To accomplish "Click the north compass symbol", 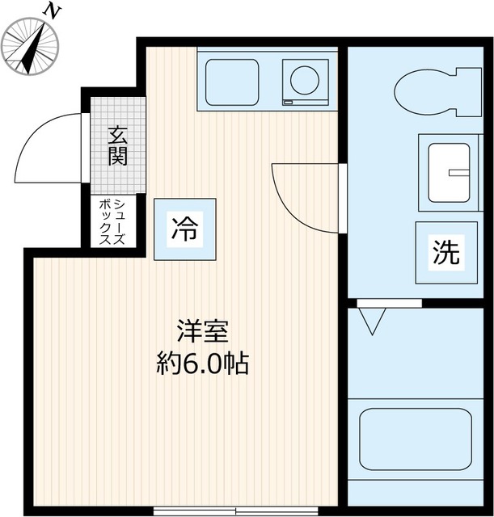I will (32, 46).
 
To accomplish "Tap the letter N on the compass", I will (53, 11).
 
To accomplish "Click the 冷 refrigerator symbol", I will (184, 229).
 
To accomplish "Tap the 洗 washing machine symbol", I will (444, 253).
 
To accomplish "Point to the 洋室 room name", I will (203, 331).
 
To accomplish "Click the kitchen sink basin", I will (232, 82).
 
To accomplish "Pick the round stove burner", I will (305, 80).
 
